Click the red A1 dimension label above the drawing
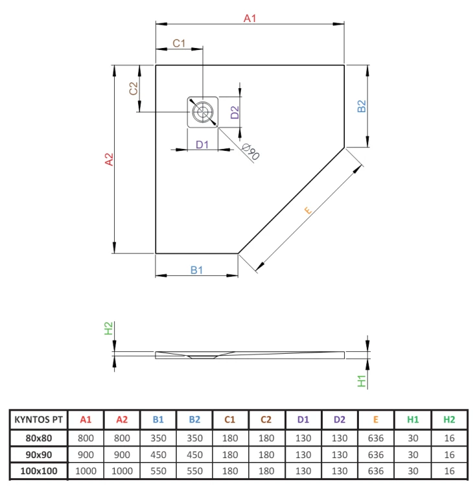[x=249, y=18]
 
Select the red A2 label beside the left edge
[x=109, y=159]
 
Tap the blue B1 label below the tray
[x=196, y=270]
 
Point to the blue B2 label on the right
[x=362, y=106]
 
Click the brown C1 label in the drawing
[x=179, y=43]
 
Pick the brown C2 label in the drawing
[x=133, y=88]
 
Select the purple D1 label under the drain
[x=202, y=145]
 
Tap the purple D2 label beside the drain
[x=235, y=112]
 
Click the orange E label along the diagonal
[x=308, y=211]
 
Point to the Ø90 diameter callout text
[x=251, y=152]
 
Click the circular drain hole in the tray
[x=202, y=112]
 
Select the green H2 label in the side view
[x=108, y=329]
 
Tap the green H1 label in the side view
[x=362, y=381]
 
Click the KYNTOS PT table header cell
[x=38, y=419]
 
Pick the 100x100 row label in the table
[x=39, y=471]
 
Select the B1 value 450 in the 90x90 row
[x=158, y=455]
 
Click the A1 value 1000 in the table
[x=86, y=471]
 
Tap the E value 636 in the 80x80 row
[x=376, y=438]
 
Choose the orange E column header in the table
[x=376, y=419]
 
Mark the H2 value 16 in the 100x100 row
[x=449, y=471]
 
